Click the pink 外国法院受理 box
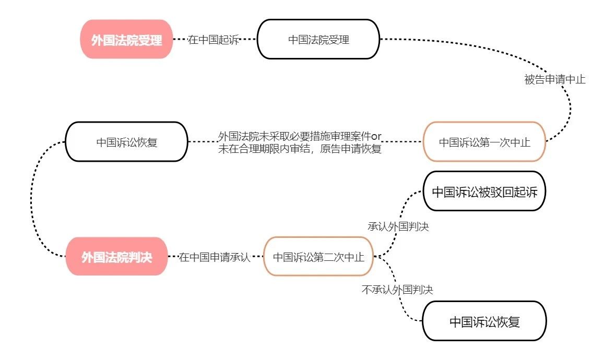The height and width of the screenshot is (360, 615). tap(126, 40)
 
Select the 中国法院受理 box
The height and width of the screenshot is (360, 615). tap(318, 40)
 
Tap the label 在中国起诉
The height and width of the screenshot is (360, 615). tap(213, 40)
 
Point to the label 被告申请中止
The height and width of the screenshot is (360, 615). tap(555, 80)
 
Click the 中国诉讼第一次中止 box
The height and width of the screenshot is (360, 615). tap(484, 142)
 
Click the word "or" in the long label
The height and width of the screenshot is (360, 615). tap(376, 136)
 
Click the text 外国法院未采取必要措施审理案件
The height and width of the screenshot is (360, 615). tap(294, 136)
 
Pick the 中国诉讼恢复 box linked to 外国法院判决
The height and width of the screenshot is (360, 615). tap(126, 142)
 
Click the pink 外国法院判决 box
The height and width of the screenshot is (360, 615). tap(116, 257)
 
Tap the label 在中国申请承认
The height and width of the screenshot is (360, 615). tap(215, 257)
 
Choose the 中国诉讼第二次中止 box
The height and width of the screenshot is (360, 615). tap(318, 257)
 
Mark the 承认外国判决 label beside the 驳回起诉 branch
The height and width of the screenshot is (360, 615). tap(398, 227)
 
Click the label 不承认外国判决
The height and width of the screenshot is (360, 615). tap(397, 289)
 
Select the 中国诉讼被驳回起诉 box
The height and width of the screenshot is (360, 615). tap(484, 191)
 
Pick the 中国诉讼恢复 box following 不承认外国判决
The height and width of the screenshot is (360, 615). tap(484, 321)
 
